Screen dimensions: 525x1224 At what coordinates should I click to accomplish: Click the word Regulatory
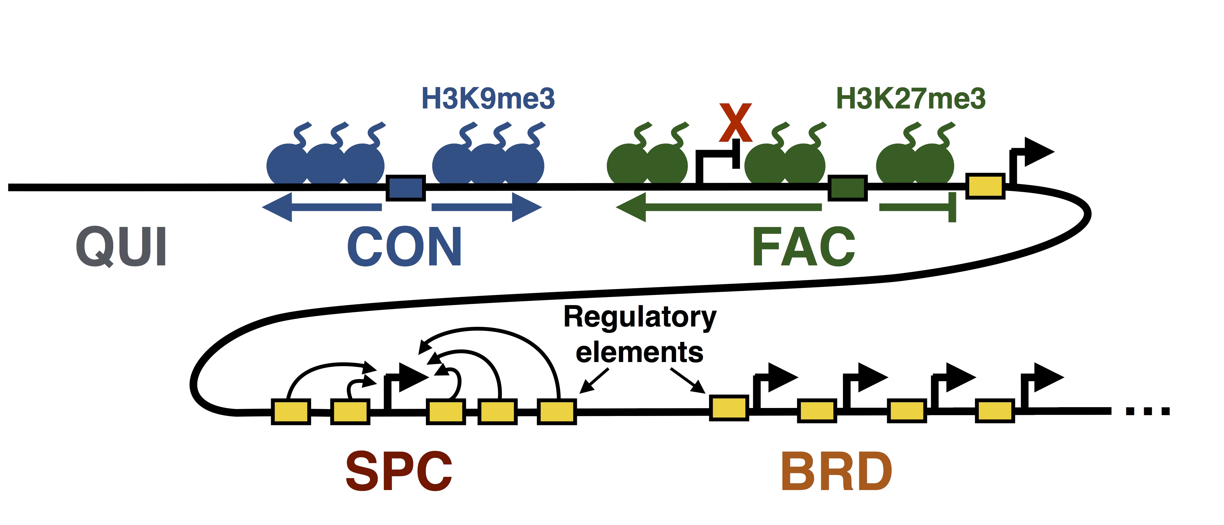[x=640, y=317]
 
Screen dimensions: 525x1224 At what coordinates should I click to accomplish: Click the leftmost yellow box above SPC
[x=291, y=412]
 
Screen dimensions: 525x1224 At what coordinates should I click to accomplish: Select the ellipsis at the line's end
[x=1147, y=411]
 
